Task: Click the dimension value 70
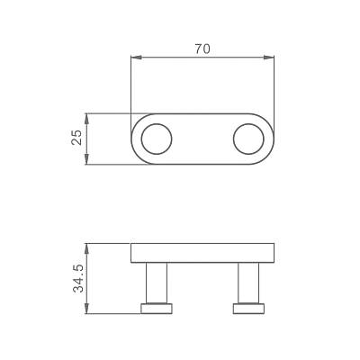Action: (x=202, y=49)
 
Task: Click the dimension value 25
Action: (x=76, y=138)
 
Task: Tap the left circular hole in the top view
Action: (x=157, y=139)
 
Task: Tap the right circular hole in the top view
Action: (x=248, y=139)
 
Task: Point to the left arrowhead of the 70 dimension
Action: (x=136, y=58)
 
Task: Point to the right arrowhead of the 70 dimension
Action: (x=269, y=58)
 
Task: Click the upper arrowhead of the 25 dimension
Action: (x=86, y=119)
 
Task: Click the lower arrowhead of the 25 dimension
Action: (x=86, y=159)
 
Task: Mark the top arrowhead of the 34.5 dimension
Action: (x=86, y=248)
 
